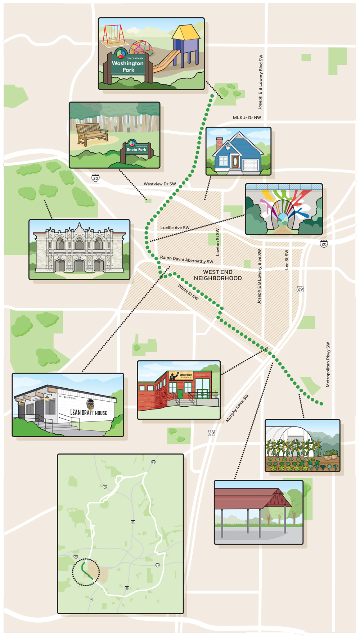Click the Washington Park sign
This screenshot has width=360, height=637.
point(128,66)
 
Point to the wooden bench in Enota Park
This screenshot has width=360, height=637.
point(92,134)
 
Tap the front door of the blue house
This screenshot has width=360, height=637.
point(235,161)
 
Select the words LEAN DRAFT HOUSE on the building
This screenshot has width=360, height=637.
point(89,412)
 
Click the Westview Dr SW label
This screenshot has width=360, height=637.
point(160,184)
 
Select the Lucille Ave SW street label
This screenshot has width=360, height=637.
point(175,228)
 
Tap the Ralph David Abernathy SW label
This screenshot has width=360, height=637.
point(186,259)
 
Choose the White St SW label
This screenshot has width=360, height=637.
point(188,292)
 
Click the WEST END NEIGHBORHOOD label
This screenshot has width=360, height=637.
point(218,275)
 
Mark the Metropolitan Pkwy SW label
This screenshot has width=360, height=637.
point(328,364)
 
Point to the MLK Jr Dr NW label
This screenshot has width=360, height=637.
point(247,118)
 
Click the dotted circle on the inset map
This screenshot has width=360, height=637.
point(86,572)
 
